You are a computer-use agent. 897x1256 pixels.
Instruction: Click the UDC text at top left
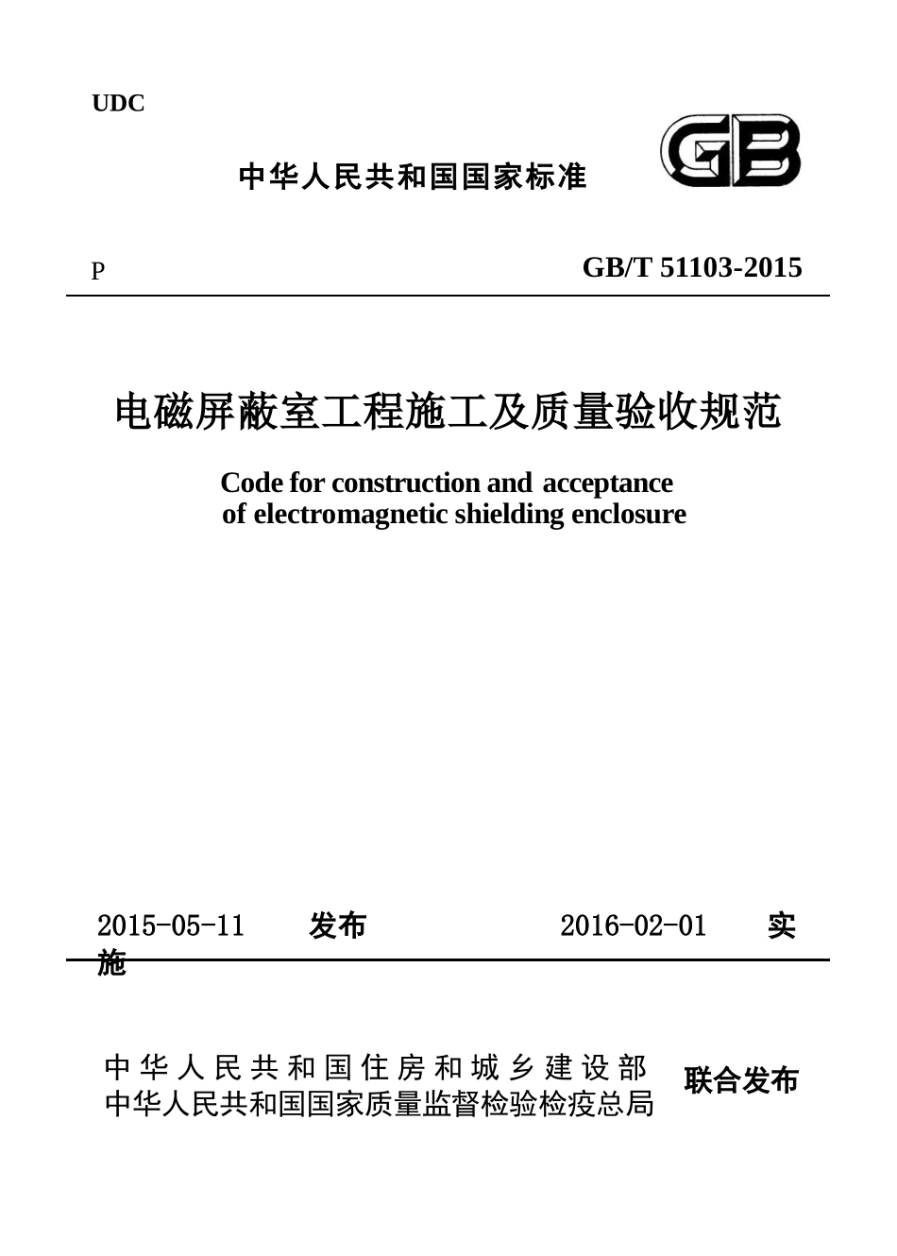coord(118,104)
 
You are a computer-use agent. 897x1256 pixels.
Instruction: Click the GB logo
coord(730,151)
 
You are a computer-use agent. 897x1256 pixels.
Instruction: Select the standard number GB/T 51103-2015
coord(692,268)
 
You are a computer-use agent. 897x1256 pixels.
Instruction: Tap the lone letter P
coord(97,272)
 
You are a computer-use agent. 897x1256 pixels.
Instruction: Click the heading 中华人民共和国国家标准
coord(413,177)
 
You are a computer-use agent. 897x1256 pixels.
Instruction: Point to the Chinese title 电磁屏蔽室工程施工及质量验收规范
coord(448,412)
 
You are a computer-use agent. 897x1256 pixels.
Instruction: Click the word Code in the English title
coord(251,483)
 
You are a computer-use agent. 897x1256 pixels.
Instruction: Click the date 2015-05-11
coord(171,925)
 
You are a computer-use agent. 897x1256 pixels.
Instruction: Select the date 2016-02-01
coord(633,925)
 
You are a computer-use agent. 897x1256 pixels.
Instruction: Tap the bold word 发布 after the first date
coord(337,925)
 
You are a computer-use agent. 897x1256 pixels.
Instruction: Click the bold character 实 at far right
coord(781,925)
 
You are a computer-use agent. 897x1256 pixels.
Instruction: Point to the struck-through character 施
coord(111,963)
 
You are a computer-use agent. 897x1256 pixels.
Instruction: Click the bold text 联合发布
coord(741,1080)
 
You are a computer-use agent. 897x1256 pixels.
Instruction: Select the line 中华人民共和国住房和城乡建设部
coord(376,1068)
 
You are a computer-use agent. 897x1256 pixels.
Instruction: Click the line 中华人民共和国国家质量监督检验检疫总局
coord(380,1103)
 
